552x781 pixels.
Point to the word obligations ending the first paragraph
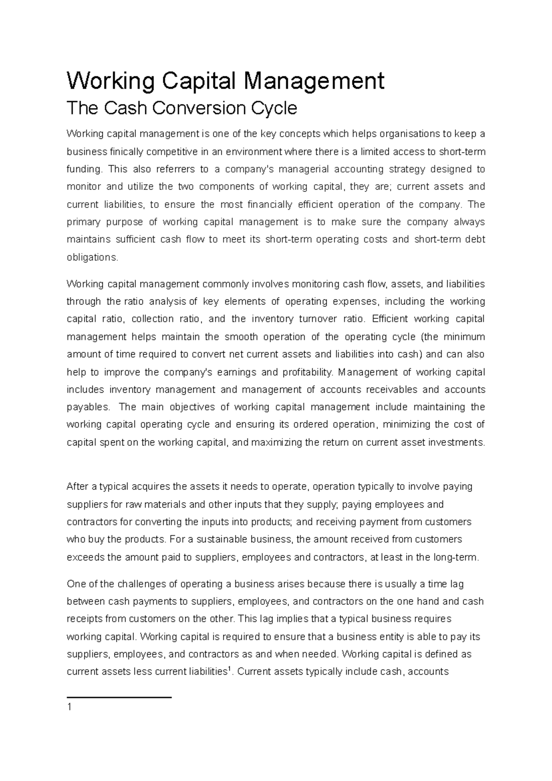[x=92, y=258]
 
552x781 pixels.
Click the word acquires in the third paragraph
[x=150, y=487]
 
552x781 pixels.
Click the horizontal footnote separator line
[x=119, y=697]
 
